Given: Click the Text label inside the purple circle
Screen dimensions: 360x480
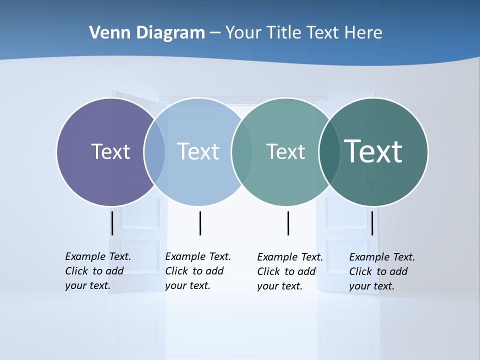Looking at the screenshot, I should tap(110, 151).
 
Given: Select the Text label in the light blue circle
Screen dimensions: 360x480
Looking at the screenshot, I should tap(198, 151).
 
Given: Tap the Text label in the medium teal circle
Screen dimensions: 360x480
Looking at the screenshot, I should tap(285, 151).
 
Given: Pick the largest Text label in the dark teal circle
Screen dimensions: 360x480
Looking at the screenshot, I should tap(373, 151).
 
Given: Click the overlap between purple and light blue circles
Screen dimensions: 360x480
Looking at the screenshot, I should tap(154, 152).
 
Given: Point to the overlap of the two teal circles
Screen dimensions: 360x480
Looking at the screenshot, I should tap(330, 152).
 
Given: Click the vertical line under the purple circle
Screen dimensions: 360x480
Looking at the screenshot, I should tap(112, 223).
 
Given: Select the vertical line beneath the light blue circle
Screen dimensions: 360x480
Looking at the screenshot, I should tap(200, 223).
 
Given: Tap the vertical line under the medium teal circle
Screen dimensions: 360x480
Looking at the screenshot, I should tap(288, 223).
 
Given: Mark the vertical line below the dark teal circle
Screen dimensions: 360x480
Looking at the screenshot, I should tap(372, 223).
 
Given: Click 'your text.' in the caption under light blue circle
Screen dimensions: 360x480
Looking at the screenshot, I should tap(187, 285).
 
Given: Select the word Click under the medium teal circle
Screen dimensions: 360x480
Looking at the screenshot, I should tap(268, 271).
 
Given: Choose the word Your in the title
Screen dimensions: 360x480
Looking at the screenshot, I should tap(243, 32).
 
